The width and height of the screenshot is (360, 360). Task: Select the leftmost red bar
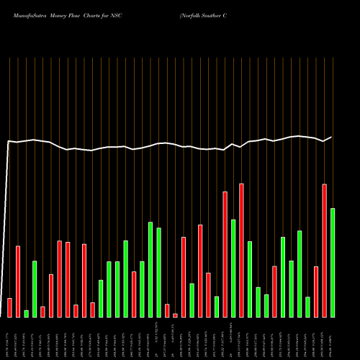click(9, 307)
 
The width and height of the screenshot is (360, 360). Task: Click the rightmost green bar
click(332, 263)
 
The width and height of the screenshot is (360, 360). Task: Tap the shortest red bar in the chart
click(175, 315)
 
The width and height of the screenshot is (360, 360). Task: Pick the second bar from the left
click(18, 282)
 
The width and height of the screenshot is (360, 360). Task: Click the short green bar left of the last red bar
click(307, 307)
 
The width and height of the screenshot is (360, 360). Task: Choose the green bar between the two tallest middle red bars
click(233, 268)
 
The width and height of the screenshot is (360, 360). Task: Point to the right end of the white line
click(331, 137)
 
